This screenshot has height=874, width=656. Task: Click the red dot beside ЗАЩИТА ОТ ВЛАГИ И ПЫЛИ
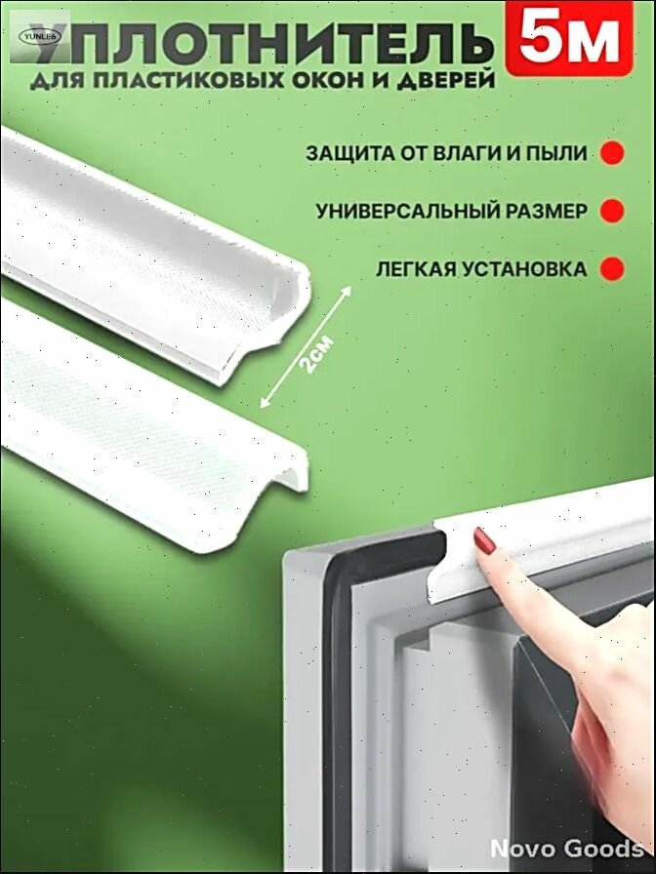[611, 153]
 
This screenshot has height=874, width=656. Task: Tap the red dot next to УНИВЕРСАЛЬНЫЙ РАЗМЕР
[611, 210]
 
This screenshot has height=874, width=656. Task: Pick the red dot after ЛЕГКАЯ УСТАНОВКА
[611, 268]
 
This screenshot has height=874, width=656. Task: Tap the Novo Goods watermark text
[565, 848]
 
